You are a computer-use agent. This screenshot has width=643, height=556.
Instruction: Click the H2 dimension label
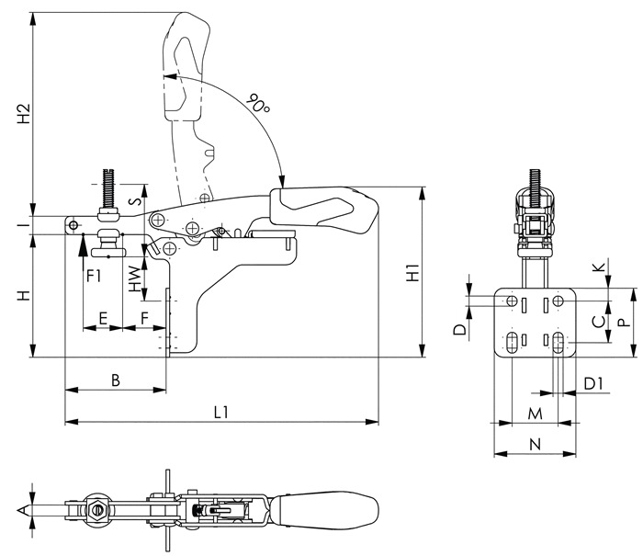point(24,114)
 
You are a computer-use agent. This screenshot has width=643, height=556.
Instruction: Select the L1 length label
point(221,412)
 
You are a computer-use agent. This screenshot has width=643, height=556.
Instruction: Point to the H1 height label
point(412,272)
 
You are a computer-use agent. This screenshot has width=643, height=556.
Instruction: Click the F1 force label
point(94,276)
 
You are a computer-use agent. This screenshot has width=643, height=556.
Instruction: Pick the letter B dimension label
point(116,380)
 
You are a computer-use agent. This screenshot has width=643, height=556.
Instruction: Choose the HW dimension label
point(134,278)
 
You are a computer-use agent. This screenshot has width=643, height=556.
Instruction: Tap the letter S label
point(135,200)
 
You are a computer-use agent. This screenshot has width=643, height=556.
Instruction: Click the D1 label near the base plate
point(593,384)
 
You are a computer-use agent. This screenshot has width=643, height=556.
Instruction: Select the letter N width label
point(536,444)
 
